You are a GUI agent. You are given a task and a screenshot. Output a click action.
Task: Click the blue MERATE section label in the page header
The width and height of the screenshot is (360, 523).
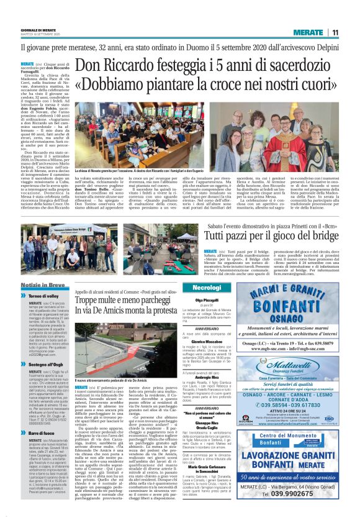(308, 32)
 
